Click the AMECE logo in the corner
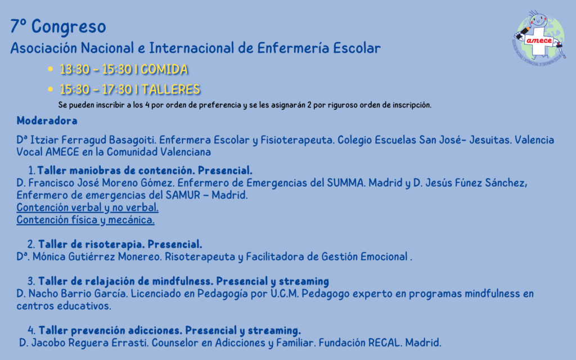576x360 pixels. (x=539, y=38)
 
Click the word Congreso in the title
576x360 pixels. (x=69, y=27)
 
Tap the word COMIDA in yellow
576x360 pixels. (x=164, y=69)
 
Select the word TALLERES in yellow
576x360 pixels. (x=171, y=89)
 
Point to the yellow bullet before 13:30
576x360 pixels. (x=51, y=69)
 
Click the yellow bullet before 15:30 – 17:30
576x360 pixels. (x=51, y=89)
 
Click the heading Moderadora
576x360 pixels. (x=47, y=121)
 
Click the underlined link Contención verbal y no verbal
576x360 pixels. (x=87, y=208)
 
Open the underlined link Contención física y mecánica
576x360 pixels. (x=85, y=220)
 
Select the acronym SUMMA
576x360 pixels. (x=345, y=183)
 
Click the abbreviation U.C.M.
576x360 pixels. (x=285, y=294)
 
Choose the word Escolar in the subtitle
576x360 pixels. (x=357, y=48)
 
